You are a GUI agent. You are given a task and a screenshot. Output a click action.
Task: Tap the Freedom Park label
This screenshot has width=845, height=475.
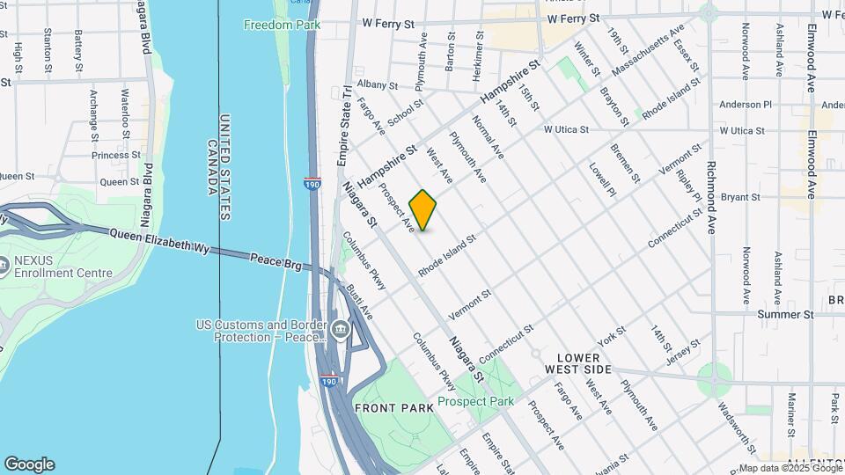[282, 25]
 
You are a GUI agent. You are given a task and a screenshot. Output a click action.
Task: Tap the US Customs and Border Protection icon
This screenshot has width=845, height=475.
[341, 332]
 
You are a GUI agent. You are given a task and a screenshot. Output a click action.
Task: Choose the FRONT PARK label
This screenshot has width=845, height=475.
[393, 408]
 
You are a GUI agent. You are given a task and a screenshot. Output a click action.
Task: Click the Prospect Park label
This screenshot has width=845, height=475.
[475, 401]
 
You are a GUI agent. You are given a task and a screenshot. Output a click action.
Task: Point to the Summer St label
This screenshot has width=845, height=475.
[785, 314]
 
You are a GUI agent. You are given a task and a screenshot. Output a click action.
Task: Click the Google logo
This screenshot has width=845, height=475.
[29, 464]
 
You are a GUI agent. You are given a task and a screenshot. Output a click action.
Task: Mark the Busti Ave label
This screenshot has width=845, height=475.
[360, 301]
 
